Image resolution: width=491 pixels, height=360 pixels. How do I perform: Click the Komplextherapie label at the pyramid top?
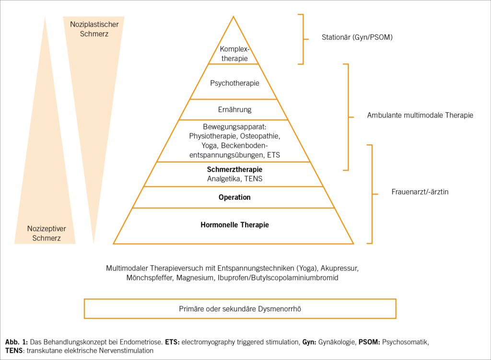tap(234, 54)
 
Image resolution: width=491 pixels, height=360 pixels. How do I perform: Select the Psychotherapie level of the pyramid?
tap(234, 83)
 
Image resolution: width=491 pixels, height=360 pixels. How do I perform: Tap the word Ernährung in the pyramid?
tap(234, 110)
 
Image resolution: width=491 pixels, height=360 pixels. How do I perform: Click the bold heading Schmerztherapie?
tap(234, 169)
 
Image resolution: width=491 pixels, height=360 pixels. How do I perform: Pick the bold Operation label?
tap(234, 197)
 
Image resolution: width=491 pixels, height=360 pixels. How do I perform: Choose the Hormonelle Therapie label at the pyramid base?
tap(234, 224)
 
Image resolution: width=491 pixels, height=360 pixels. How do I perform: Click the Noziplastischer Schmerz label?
tap(94, 29)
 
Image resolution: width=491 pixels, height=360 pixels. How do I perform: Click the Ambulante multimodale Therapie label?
tap(420, 115)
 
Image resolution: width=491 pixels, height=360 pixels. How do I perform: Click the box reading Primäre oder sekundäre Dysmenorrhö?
tap(240, 309)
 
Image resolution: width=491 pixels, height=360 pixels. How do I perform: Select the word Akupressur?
tap(341, 268)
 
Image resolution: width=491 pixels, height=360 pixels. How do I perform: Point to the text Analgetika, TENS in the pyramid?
tap(234, 179)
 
